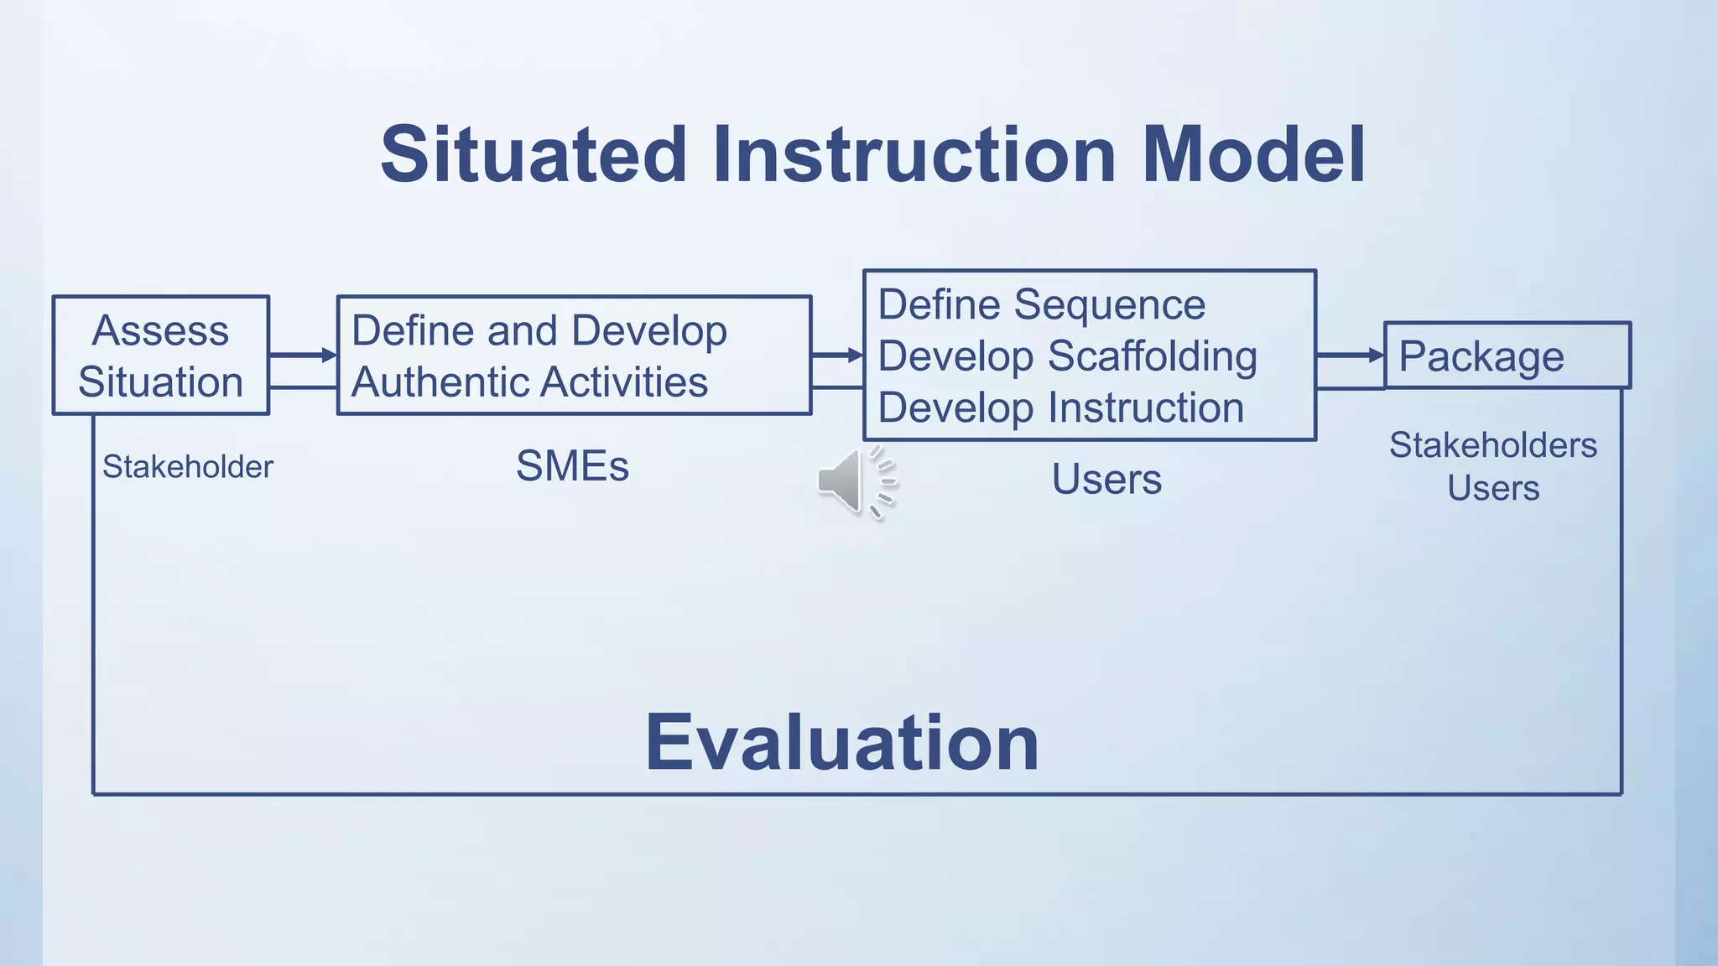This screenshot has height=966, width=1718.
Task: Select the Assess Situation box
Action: tap(160, 356)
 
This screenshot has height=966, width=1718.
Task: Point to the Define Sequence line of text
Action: tap(1041, 304)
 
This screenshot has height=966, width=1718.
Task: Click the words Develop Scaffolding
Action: tap(1067, 356)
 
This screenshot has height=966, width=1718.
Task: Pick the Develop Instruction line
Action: tap(1060, 408)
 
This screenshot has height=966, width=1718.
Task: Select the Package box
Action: tap(1506, 356)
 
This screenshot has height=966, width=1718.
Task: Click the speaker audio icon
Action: tap(854, 482)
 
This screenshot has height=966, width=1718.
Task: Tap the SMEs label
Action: tap(572, 466)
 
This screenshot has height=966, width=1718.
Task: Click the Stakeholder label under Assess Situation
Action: tap(188, 467)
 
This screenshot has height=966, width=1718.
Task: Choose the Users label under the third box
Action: tap(1106, 480)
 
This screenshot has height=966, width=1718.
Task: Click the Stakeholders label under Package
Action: tap(1492, 445)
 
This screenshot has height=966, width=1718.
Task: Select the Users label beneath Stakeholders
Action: tap(1493, 488)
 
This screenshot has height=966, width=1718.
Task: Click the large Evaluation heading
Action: tap(841, 743)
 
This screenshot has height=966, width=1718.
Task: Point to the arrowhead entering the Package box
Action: tap(1376, 356)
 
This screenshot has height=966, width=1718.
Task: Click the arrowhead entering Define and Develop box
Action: tap(329, 356)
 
